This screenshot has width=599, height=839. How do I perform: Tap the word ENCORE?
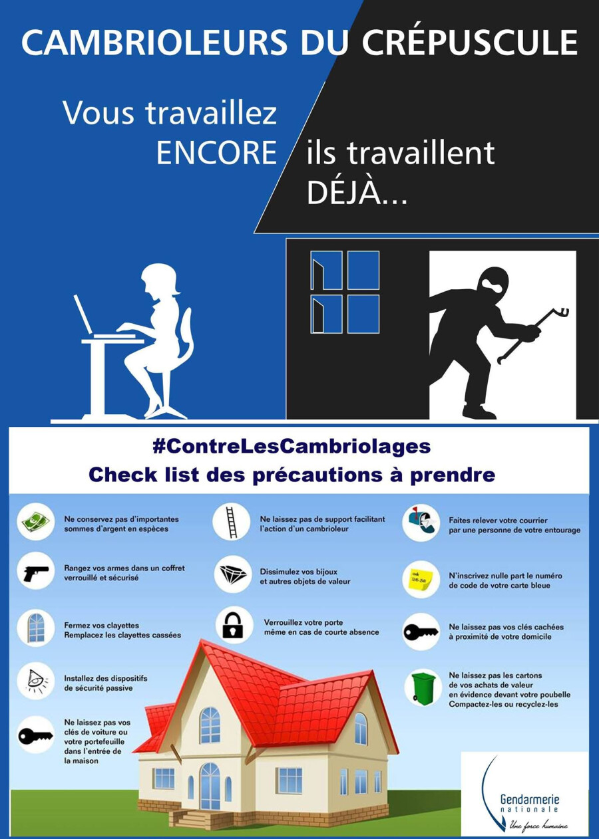click(216, 153)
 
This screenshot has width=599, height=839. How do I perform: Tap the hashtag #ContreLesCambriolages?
click(292, 447)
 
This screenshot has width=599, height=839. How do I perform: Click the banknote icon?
click(36, 522)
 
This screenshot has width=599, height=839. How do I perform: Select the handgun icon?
click(36, 574)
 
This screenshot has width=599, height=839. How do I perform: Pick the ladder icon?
click(232, 522)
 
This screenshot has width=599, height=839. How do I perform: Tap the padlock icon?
click(232, 625)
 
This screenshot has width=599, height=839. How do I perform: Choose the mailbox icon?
click(421, 522)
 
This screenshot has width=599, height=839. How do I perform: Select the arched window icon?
click(36, 628)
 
